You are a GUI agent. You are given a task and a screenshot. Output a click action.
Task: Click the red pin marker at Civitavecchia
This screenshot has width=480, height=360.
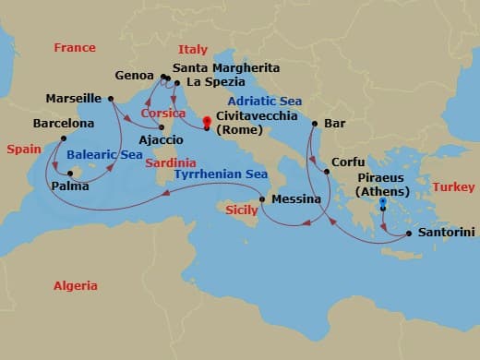point(207,121)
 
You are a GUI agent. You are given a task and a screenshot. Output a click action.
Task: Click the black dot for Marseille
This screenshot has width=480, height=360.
point(110,98)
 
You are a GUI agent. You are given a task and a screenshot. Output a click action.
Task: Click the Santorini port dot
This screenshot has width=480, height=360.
point(407,234)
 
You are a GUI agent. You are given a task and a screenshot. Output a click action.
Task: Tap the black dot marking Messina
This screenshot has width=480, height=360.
point(263,199)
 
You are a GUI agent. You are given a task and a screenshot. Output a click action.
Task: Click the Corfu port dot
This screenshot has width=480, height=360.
point(325,172)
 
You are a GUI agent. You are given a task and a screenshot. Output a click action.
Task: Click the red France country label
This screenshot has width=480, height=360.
point(75,48)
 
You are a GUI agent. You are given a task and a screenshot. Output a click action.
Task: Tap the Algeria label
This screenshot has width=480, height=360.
point(75,286)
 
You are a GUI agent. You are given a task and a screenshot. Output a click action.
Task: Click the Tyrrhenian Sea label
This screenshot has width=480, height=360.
point(221,174)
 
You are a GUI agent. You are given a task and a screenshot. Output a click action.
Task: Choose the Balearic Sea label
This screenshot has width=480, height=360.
point(104,155)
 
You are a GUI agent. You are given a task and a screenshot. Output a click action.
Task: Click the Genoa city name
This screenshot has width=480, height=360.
point(135,75)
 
